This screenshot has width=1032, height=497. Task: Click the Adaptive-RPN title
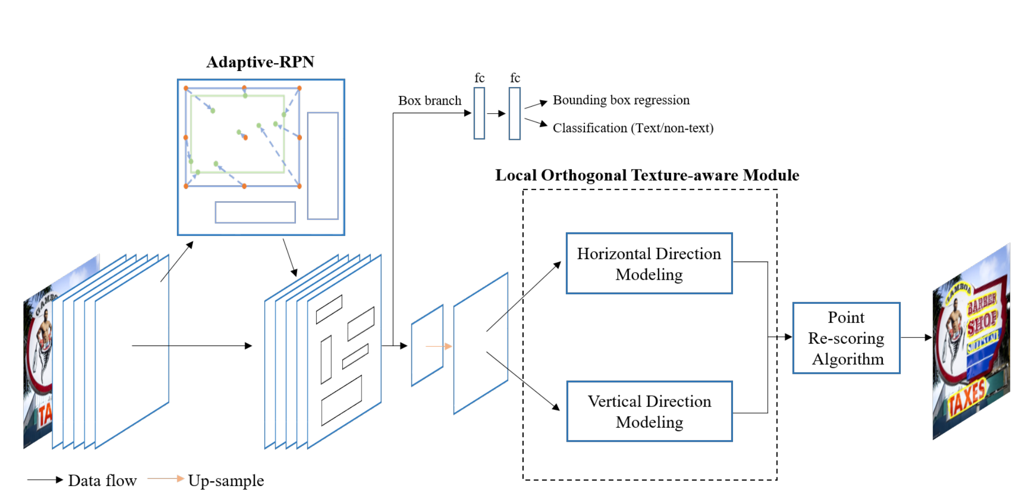point(260,62)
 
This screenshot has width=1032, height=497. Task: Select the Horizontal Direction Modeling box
point(649,263)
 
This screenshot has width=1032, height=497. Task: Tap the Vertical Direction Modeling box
point(649,411)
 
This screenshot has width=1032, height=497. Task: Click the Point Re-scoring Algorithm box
point(846,338)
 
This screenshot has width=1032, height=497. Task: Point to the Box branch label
point(430,101)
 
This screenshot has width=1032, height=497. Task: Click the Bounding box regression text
point(621,100)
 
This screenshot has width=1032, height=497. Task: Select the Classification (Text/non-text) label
point(633,128)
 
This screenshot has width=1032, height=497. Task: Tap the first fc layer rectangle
point(479,113)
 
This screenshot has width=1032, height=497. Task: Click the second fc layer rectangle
point(514,113)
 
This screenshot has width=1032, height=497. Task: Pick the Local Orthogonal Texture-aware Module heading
point(647,175)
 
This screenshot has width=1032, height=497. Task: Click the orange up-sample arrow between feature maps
point(439,346)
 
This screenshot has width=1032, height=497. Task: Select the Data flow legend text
point(102,480)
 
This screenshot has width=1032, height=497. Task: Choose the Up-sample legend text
point(226,480)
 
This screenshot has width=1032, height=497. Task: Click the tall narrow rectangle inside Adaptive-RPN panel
point(323,165)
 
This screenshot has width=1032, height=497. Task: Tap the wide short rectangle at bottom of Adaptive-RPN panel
point(255,212)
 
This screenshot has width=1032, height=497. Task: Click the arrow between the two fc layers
point(496,114)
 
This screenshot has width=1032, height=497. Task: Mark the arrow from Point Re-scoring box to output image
point(916,338)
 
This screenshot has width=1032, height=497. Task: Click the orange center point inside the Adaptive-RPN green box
point(245,137)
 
